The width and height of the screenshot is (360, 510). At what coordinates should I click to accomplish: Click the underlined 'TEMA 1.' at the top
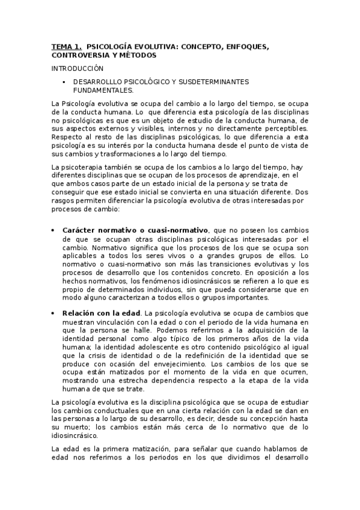point(66,46)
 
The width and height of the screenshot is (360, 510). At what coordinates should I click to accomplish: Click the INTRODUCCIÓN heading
point(78,69)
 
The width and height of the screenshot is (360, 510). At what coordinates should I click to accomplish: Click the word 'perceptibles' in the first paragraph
point(283,128)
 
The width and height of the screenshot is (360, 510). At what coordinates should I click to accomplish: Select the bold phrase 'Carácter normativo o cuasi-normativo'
point(135,230)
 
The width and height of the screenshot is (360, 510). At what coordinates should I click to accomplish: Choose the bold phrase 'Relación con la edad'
point(100,313)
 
